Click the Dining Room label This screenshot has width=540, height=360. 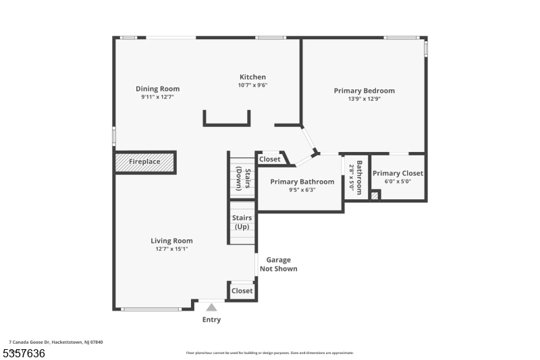[x=157, y=88]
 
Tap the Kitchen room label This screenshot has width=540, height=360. [x=252, y=77]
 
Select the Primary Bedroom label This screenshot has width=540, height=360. [x=364, y=91]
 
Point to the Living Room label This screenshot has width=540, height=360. [x=171, y=240]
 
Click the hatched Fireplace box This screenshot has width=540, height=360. [x=145, y=162]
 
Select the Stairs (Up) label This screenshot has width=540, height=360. [x=241, y=222]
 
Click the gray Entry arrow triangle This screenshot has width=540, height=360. [x=211, y=307]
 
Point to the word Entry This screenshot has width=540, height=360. [x=211, y=319]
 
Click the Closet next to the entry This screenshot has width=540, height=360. [x=242, y=290]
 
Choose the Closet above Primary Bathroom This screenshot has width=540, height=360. [x=270, y=159]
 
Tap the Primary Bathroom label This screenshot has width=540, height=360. [x=302, y=182]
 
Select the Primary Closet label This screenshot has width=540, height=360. [x=398, y=173]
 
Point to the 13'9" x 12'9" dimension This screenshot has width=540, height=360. [x=364, y=99]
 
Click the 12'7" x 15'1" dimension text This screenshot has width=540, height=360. [x=171, y=249]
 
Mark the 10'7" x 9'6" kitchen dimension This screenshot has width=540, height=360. [x=252, y=85]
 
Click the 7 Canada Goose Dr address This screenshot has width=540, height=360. [x=56, y=342]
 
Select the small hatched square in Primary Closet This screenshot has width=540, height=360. [x=375, y=195]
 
